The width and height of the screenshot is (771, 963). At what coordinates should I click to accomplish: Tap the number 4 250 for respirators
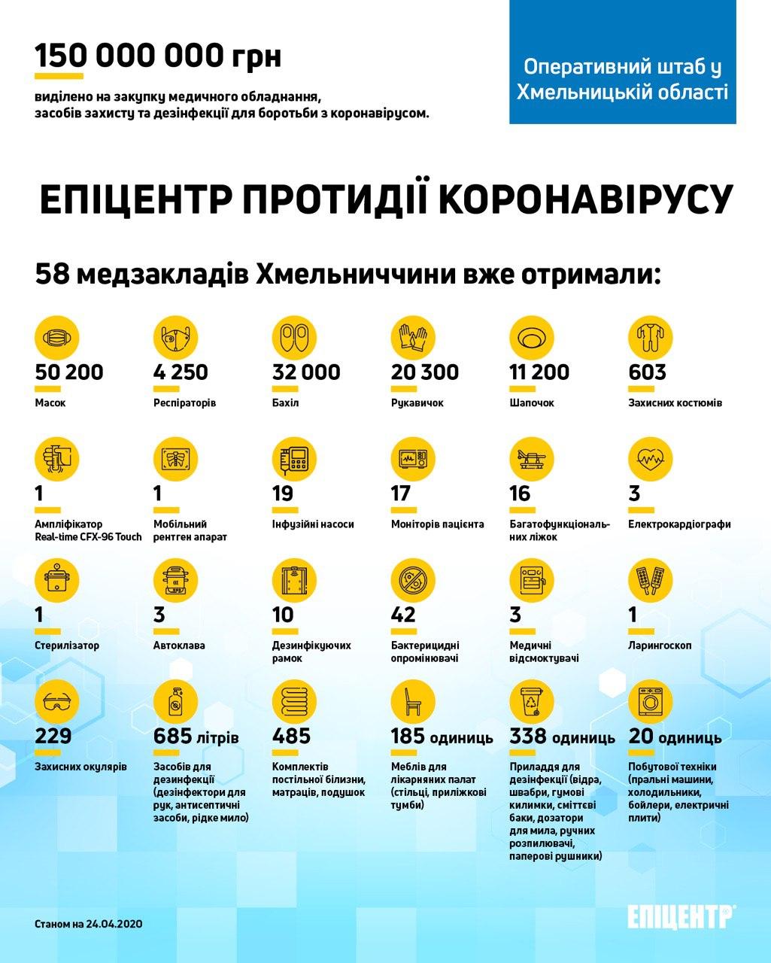pyautogui.click(x=181, y=372)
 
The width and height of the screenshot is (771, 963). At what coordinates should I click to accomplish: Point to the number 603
pyautogui.click(x=647, y=372)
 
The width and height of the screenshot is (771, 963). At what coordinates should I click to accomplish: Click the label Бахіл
pyautogui.click(x=285, y=403)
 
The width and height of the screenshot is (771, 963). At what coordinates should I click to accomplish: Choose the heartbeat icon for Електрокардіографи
pyautogui.click(x=651, y=458)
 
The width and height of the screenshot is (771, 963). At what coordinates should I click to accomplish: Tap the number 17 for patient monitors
pyautogui.click(x=401, y=494)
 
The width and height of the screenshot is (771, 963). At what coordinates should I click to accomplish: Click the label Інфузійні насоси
pyautogui.click(x=313, y=524)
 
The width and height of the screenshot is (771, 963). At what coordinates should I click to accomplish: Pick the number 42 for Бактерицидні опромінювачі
pyautogui.click(x=403, y=615)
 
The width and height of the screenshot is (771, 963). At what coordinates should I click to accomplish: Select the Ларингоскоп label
pyautogui.click(x=660, y=646)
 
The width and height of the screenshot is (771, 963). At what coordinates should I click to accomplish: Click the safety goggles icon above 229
pyautogui.click(x=57, y=702)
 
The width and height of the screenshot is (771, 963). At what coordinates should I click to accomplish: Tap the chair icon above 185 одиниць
pyautogui.click(x=414, y=702)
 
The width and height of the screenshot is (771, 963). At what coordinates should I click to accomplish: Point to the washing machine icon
pyautogui.click(x=651, y=702)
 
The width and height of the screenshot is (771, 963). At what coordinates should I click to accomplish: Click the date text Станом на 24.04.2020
pyautogui.click(x=89, y=922)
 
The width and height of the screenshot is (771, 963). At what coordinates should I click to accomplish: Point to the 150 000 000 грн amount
pyautogui.click(x=158, y=56)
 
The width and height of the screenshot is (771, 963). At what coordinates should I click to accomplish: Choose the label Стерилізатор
pyautogui.click(x=67, y=646)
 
